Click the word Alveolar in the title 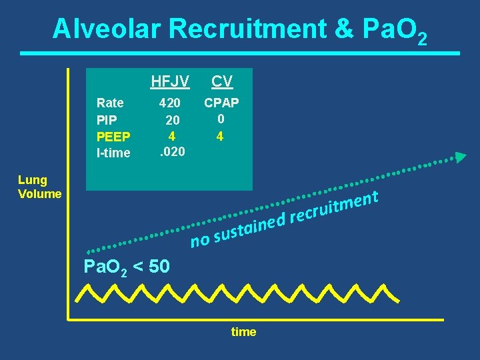pyautogui.click(x=107, y=29)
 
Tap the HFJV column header pyautogui.click(x=170, y=81)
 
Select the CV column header pyautogui.click(x=222, y=81)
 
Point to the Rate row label pyautogui.click(x=110, y=103)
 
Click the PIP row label pyautogui.click(x=107, y=119)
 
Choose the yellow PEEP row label pyautogui.click(x=113, y=137)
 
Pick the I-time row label pyautogui.click(x=113, y=153)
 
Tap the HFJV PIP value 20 pyautogui.click(x=173, y=120)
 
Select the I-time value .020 pyautogui.click(x=171, y=152)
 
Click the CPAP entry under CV pyautogui.click(x=222, y=103)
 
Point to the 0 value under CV pyautogui.click(x=220, y=119)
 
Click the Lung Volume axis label pyautogui.click(x=40, y=187)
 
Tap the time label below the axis pyautogui.click(x=243, y=332)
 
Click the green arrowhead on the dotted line pyautogui.click(x=461, y=157)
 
